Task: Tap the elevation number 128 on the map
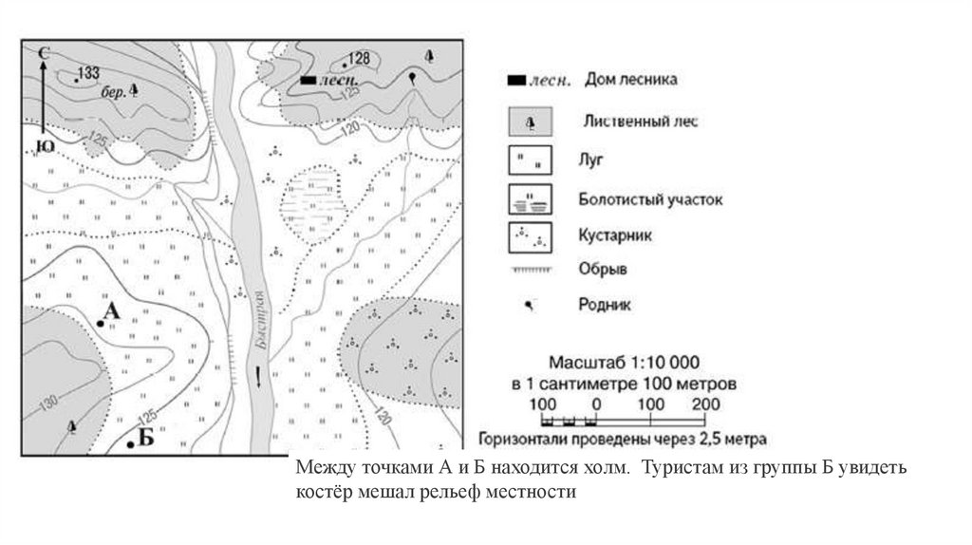click(358, 58)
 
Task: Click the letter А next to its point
click(111, 312)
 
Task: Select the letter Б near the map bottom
click(145, 438)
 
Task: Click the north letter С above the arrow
click(43, 53)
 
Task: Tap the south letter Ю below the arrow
click(44, 144)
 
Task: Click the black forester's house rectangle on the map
click(308, 81)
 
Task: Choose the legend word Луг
click(590, 164)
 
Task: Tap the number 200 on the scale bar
click(706, 404)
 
